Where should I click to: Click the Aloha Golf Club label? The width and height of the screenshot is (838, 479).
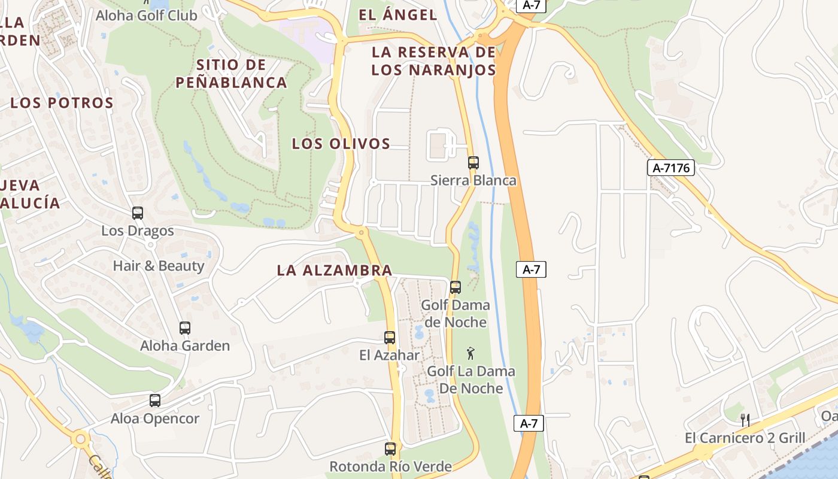[146, 16]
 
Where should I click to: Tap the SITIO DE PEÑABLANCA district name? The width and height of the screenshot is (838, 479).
[231, 74]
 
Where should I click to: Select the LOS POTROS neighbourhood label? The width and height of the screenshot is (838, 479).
[62, 103]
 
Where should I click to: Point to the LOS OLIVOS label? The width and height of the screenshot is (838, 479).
[341, 144]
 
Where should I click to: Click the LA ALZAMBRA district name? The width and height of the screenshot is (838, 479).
[335, 271]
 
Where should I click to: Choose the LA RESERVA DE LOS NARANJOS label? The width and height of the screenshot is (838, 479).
[434, 61]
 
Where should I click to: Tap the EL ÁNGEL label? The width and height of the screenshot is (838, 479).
[398, 15]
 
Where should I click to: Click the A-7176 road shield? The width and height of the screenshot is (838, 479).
[671, 168]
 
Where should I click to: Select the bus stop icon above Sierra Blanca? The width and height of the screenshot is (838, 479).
[473, 162]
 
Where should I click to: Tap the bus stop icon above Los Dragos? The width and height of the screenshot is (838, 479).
[138, 213]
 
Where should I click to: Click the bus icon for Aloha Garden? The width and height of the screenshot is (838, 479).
[185, 328]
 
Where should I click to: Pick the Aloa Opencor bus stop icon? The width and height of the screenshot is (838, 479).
[155, 401]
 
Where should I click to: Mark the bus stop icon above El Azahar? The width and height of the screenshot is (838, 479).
[390, 338]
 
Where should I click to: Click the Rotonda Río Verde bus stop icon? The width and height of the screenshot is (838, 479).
[390, 448]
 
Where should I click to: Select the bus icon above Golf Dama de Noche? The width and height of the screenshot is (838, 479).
[456, 287]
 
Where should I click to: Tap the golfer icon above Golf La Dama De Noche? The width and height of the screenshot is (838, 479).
[470, 353]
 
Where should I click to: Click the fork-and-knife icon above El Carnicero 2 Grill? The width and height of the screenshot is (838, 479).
[745, 420]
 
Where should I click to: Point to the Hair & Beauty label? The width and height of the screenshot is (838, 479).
[159, 266]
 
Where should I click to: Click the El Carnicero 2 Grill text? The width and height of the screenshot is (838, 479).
[745, 438]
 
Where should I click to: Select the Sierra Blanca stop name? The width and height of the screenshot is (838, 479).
[473, 180]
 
